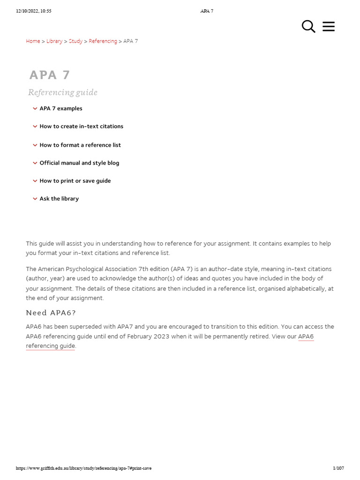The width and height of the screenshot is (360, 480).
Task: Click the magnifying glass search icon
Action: point(308,27)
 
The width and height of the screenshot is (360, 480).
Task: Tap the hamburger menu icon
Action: point(329,27)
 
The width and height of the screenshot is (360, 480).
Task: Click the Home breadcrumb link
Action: point(33,41)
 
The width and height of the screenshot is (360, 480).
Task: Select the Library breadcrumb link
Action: point(54,41)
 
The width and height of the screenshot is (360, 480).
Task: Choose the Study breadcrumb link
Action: point(75,41)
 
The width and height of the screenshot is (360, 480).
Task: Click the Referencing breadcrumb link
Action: point(103,41)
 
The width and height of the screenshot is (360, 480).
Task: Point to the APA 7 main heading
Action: point(50,75)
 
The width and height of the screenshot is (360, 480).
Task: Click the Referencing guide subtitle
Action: point(63,92)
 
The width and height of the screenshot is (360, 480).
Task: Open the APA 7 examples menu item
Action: point(61,108)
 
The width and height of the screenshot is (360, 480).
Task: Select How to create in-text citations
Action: point(81,126)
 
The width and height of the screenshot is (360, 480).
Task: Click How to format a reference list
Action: point(80,145)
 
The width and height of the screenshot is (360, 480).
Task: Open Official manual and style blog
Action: point(79,163)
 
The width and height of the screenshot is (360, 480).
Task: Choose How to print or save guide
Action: point(75,180)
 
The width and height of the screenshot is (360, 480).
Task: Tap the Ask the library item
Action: point(59,198)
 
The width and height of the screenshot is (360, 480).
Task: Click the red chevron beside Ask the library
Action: point(35,199)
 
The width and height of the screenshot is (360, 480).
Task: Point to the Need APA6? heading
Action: point(51,313)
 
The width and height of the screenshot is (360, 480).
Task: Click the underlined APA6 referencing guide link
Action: point(51,346)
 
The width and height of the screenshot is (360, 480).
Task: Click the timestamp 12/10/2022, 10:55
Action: point(33,11)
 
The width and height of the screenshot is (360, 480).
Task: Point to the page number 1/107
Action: point(338,468)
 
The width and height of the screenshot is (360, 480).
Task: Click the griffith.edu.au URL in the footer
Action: point(83,468)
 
